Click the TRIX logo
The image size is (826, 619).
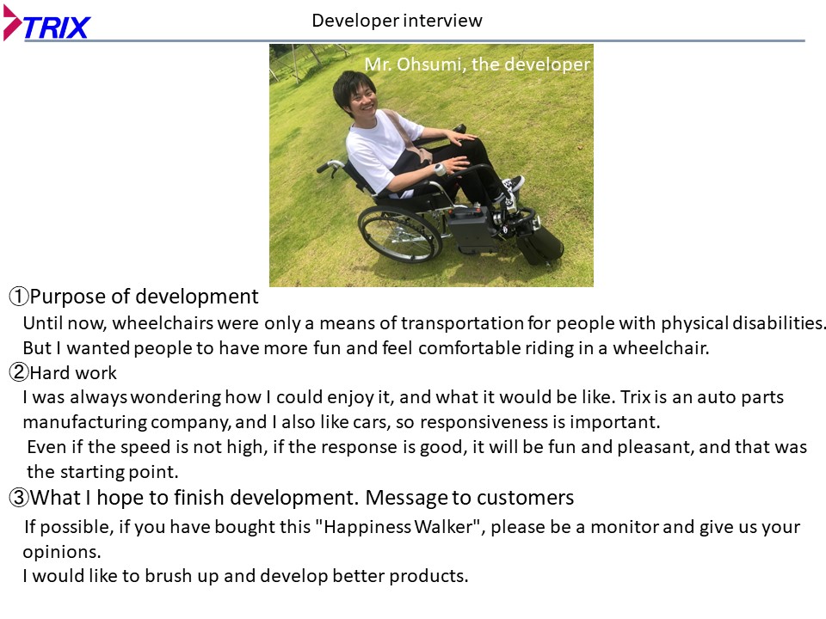(x=46, y=23)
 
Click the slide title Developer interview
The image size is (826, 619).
(x=397, y=21)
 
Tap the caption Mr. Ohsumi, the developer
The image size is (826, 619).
(x=478, y=64)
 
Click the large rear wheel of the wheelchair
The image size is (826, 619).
(x=398, y=233)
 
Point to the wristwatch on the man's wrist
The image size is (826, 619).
(x=440, y=169)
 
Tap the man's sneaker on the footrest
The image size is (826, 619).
(x=512, y=184)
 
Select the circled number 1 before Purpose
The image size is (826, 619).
(x=19, y=297)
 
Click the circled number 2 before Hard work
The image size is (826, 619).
(x=19, y=372)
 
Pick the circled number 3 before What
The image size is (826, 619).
(x=19, y=498)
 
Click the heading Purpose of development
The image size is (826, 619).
(x=144, y=297)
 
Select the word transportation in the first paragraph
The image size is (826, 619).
(x=461, y=322)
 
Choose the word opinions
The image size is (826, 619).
(x=62, y=552)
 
